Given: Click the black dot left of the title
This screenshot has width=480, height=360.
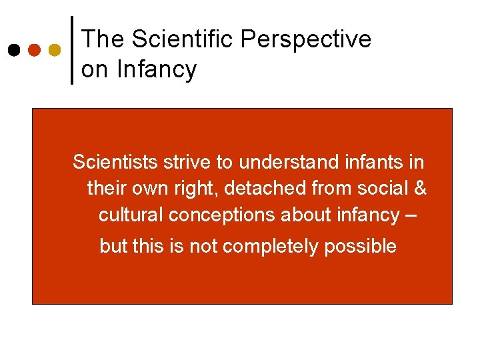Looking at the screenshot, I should tap(13, 50).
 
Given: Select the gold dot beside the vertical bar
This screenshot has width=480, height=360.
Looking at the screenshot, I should tap(55, 50).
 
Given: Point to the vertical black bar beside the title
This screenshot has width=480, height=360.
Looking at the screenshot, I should tap(72, 50).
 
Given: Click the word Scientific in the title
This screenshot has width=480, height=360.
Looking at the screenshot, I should tap(183, 39).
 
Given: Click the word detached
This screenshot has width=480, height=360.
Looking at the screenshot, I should tap(261, 189).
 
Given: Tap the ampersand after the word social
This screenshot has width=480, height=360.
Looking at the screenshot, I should tap(420, 189).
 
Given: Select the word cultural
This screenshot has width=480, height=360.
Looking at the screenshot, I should tap(131, 215).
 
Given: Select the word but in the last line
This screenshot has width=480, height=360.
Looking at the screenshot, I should tap(113, 247).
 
